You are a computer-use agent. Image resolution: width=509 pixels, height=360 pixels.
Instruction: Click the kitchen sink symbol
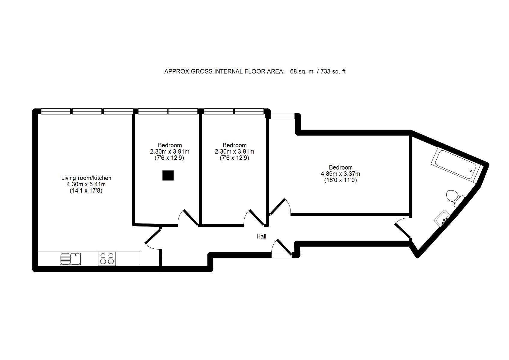pyautogui.click(x=70, y=259)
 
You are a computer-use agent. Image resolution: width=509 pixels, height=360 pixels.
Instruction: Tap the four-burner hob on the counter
pyautogui.click(x=107, y=259)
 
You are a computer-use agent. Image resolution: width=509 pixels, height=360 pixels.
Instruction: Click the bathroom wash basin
pyautogui.click(x=442, y=218)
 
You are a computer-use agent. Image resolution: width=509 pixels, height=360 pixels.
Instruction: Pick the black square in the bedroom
pyautogui.click(x=168, y=175)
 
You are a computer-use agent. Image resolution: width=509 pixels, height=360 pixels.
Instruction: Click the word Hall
pyautogui.click(x=261, y=236)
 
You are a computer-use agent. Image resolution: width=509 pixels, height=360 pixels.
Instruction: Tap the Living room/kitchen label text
pyautogui.click(x=86, y=178)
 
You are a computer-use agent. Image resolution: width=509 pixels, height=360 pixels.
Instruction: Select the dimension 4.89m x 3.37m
pyautogui.click(x=340, y=174)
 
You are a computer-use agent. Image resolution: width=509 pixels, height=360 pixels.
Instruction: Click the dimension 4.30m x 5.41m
pyautogui.click(x=86, y=184)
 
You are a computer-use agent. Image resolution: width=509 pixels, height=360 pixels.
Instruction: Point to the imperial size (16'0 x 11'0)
pyautogui.click(x=340, y=180)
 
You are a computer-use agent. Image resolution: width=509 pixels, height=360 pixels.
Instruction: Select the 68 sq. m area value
pyautogui.click(x=302, y=71)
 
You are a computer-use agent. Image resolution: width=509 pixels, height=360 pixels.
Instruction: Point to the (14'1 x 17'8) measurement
pyautogui.click(x=86, y=191)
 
